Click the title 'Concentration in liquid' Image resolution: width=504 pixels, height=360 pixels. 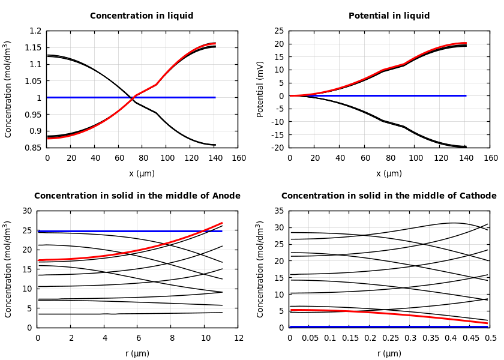[x=142, y=16]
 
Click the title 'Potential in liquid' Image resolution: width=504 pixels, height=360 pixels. [x=389, y=16]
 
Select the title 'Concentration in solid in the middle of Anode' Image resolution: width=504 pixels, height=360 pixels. [x=137, y=196]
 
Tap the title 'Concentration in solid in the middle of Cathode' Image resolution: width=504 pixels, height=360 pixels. [x=389, y=196]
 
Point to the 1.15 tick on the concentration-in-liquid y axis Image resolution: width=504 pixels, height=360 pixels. [x=35, y=47]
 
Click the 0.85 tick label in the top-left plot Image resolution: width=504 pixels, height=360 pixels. [x=35, y=148]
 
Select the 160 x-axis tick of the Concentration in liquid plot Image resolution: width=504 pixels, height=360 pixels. [x=238, y=158]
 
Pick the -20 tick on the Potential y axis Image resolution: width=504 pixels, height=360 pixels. [x=278, y=148]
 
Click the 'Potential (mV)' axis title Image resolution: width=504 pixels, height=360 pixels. [x=260, y=89]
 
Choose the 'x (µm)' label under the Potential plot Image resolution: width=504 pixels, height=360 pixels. [x=389, y=173]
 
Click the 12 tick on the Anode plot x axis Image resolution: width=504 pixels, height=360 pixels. [x=238, y=338]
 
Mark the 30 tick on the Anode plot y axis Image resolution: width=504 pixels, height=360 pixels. [x=26, y=211]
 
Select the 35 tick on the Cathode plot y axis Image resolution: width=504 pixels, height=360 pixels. [x=278, y=211]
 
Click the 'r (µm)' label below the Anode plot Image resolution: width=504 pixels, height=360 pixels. [x=137, y=353]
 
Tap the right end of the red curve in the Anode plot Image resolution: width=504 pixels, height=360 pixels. [x=222, y=223]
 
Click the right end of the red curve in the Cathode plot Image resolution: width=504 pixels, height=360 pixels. [x=487, y=323]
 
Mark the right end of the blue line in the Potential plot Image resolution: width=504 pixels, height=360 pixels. [x=466, y=95]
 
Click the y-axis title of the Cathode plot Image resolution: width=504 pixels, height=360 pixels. [x=260, y=269]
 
